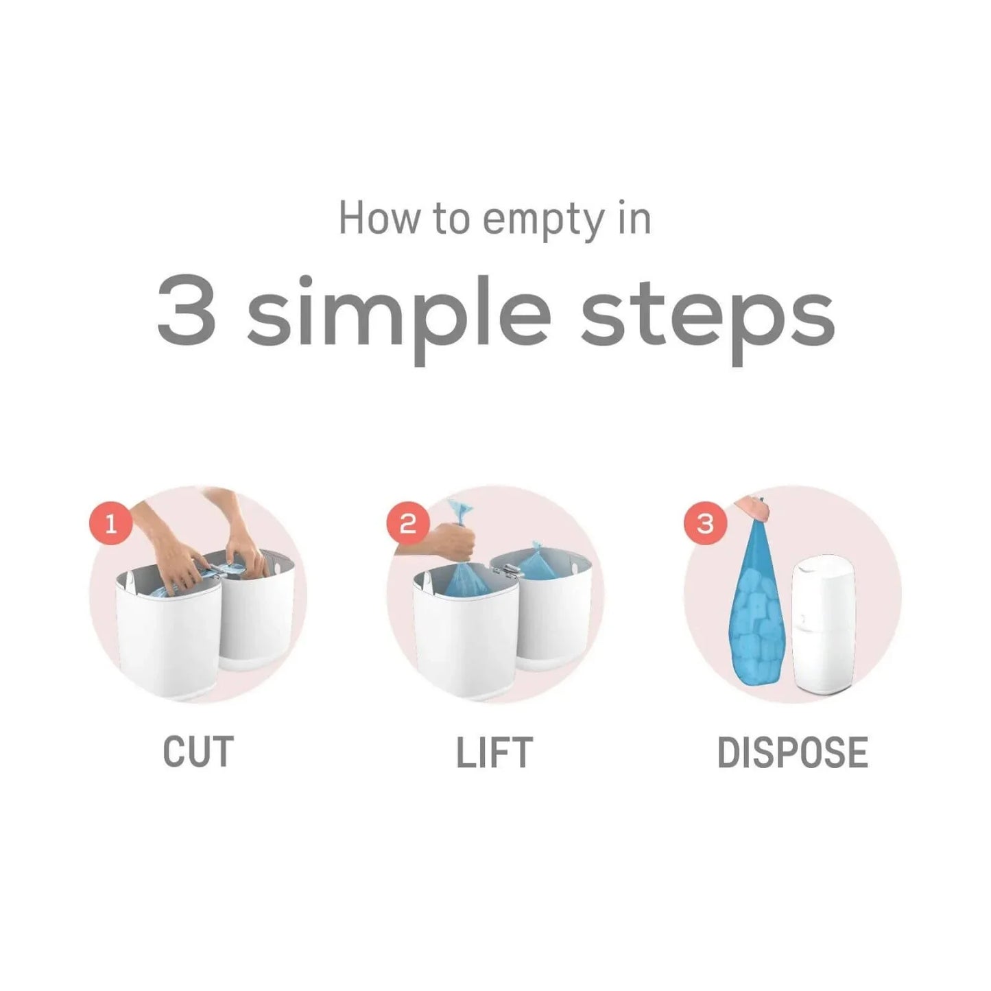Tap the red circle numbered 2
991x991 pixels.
click(x=408, y=524)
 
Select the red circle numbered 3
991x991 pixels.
click(x=705, y=524)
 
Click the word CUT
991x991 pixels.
click(x=198, y=752)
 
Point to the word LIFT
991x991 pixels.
click(x=494, y=752)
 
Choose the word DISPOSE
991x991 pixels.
click(x=792, y=752)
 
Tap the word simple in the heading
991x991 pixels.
click(x=398, y=315)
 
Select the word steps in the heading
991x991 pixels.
click(x=707, y=315)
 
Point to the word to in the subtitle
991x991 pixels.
click(x=450, y=219)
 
